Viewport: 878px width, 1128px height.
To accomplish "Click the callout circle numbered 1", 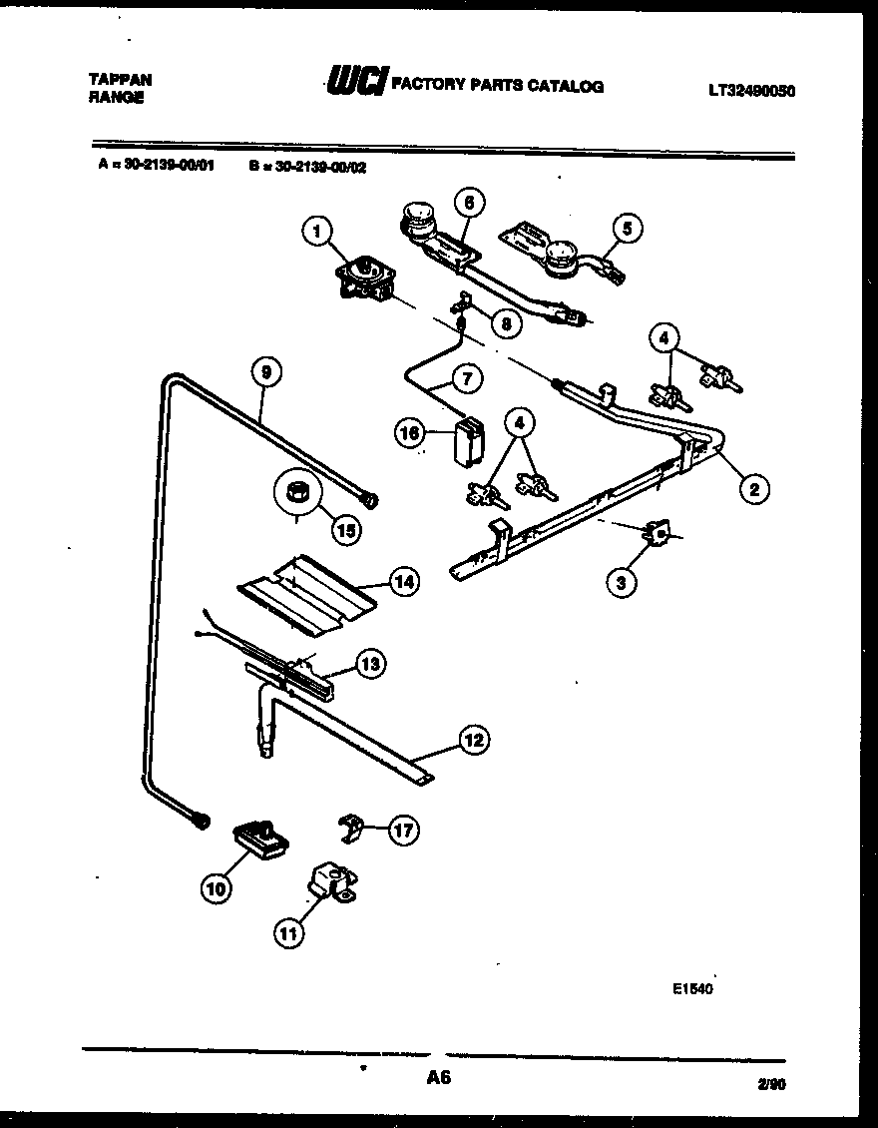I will click(316, 233).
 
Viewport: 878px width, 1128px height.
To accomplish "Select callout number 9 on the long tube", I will click(264, 373).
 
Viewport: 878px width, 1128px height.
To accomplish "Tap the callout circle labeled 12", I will click(474, 740).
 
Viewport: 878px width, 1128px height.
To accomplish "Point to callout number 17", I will click(403, 830).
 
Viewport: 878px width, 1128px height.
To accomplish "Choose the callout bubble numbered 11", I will click(287, 933).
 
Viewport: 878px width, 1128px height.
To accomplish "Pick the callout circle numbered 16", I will click(410, 433).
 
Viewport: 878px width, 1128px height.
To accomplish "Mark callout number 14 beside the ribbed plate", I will click(403, 581).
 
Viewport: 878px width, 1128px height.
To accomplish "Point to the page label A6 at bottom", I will click(439, 1078).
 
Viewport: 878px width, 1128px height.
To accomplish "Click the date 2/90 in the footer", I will click(771, 1082).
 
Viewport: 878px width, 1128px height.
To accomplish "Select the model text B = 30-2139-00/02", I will click(307, 168).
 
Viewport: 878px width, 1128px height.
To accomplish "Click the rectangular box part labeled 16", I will click(465, 441).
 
